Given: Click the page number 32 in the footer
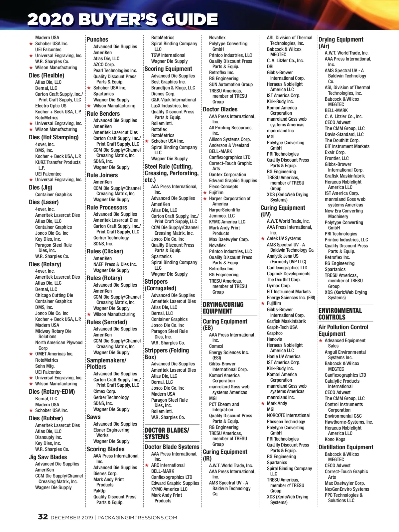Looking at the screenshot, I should click(43, 517).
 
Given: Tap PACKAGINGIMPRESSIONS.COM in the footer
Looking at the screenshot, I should click(137, 518).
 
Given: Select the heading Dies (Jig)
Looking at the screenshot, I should click(41, 188).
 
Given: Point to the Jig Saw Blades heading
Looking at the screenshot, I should click(48, 457).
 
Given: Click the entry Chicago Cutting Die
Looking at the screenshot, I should click(54, 295).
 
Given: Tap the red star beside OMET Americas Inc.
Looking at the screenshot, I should click(31, 354).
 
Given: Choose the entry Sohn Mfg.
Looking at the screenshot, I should click(45, 366).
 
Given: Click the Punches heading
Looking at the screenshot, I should click(97, 40).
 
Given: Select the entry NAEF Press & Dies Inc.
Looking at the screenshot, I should click(115, 264).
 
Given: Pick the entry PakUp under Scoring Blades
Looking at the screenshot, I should click(99, 491).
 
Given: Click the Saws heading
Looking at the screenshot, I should click(93, 417).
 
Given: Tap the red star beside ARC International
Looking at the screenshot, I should click(147, 465).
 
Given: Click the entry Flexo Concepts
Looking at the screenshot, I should click(223, 187).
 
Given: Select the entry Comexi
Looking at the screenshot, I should click(216, 346).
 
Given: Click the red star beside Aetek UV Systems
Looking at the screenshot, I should click(263, 239).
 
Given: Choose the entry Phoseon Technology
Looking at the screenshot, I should click(286, 422).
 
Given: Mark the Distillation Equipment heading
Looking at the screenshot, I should click(346, 447).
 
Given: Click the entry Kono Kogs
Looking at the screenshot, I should click(335, 439).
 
